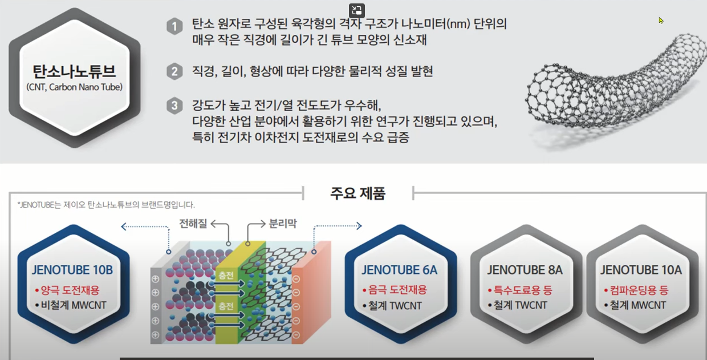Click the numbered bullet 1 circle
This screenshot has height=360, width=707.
(174, 26)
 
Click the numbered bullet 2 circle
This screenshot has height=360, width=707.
(174, 72)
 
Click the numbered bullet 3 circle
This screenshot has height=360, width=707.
(174, 107)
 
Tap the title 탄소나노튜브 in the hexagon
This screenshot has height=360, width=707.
(75, 72)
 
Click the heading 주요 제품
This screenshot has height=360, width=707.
(357, 193)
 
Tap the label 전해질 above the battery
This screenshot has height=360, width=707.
(193, 223)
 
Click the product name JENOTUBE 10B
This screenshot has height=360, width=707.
(73, 270)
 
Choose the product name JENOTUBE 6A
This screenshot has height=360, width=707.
(399, 270)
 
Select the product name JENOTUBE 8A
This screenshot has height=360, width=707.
(525, 270)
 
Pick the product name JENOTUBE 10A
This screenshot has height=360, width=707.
(641, 270)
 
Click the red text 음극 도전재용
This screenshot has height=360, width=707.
(397, 290)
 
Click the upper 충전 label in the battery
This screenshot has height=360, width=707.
(225, 275)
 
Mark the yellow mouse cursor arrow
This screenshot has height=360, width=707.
(661, 21)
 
